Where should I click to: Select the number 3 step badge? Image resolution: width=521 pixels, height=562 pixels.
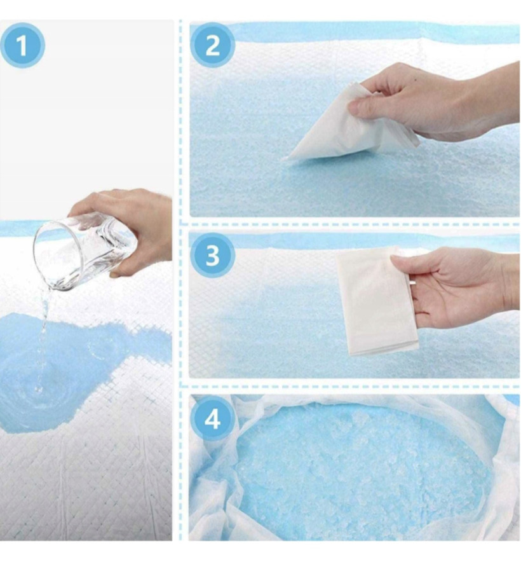tap(212, 255)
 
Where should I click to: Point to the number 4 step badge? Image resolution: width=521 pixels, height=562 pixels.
tap(212, 418)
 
